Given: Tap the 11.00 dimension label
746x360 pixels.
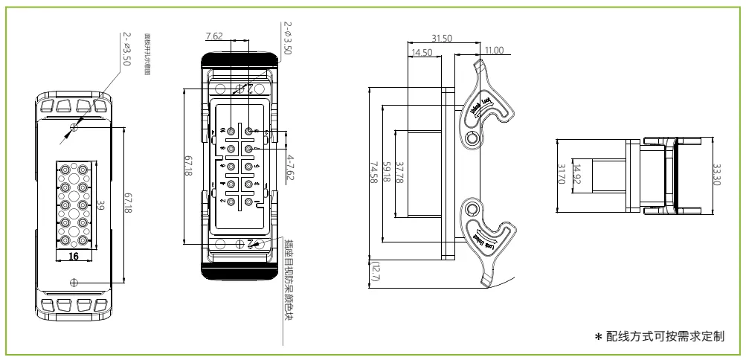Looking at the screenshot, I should (x=493, y=51).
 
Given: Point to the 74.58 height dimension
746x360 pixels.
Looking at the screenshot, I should (x=374, y=174).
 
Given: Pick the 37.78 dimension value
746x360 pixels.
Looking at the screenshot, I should (x=400, y=174).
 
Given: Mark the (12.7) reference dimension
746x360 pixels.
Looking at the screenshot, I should (x=374, y=274).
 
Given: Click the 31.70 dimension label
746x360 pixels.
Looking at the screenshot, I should (x=561, y=174).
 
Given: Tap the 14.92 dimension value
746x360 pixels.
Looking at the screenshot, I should (x=576, y=173).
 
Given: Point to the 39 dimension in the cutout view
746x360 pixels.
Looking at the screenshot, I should (x=100, y=207).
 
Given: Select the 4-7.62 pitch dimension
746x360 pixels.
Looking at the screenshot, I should (x=291, y=168).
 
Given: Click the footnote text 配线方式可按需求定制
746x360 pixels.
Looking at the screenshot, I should (x=666, y=337).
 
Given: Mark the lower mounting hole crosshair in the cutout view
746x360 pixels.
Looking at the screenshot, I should (x=73, y=280).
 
